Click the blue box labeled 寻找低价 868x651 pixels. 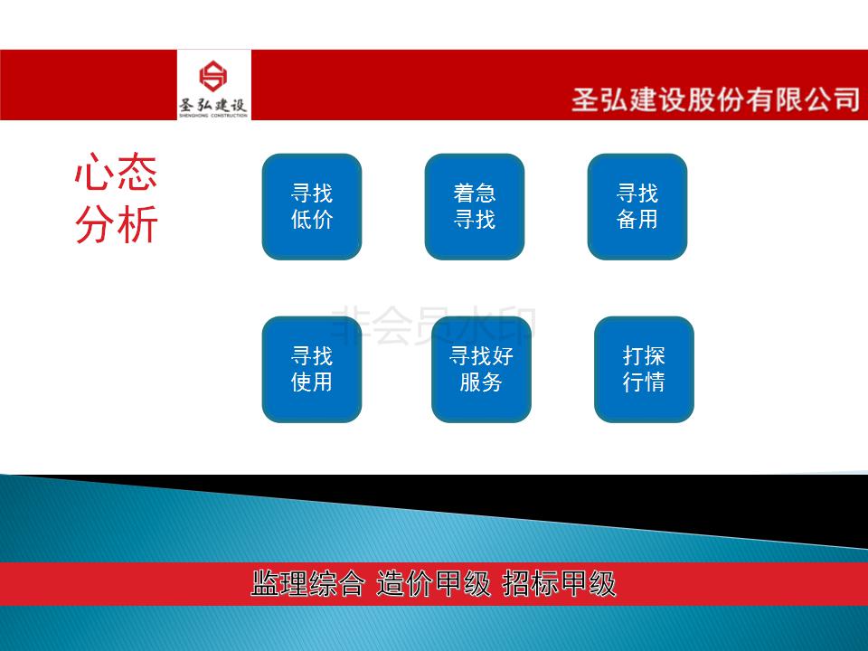pyautogui.click(x=312, y=206)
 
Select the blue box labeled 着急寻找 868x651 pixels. pyautogui.click(x=475, y=206)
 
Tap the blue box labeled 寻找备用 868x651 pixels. pyautogui.click(x=637, y=206)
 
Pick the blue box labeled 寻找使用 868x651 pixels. pyautogui.click(x=312, y=369)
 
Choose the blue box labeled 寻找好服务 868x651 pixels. pyautogui.click(x=481, y=369)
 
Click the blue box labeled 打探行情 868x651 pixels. pyautogui.click(x=644, y=369)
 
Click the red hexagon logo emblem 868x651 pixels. pyautogui.click(x=213, y=76)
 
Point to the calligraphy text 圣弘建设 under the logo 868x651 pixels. pyautogui.click(x=213, y=105)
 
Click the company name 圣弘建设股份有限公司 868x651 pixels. pyautogui.click(x=716, y=99)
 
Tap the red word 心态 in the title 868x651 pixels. pyautogui.click(x=117, y=172)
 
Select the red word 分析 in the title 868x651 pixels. pyautogui.click(x=117, y=224)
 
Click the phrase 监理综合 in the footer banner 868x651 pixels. pyautogui.click(x=307, y=583)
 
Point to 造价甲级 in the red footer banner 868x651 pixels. pyautogui.click(x=433, y=583)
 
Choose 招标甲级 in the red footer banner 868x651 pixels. pyautogui.click(x=559, y=583)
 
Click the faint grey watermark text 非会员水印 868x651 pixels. pyautogui.click(x=433, y=325)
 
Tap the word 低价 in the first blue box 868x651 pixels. pyautogui.click(x=312, y=220)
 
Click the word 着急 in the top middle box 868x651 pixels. pyautogui.click(x=475, y=193)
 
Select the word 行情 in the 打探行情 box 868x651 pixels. pyautogui.click(x=644, y=382)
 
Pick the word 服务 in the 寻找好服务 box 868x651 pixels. pyautogui.click(x=481, y=382)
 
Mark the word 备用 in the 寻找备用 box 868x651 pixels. pyautogui.click(x=637, y=220)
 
